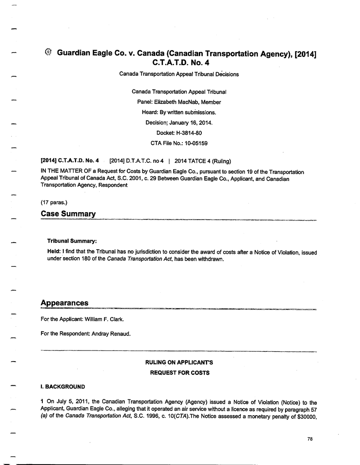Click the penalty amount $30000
point(305,420)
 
